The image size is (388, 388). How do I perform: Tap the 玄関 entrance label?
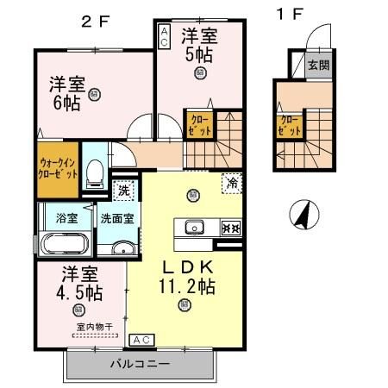tap(318, 64)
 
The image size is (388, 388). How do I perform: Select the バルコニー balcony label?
tap(139, 363)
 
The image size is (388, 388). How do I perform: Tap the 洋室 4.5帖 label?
tap(81, 284)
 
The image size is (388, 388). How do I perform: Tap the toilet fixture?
tap(97, 171)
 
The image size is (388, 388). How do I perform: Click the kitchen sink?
tap(193, 228)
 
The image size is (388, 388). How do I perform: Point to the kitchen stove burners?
tap(230, 228)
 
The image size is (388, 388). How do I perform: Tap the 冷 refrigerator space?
tap(231, 183)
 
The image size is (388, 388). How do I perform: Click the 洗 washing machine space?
tap(124, 190)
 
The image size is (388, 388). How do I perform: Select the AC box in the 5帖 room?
tap(165, 35)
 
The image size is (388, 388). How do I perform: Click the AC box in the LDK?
tap(142, 340)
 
